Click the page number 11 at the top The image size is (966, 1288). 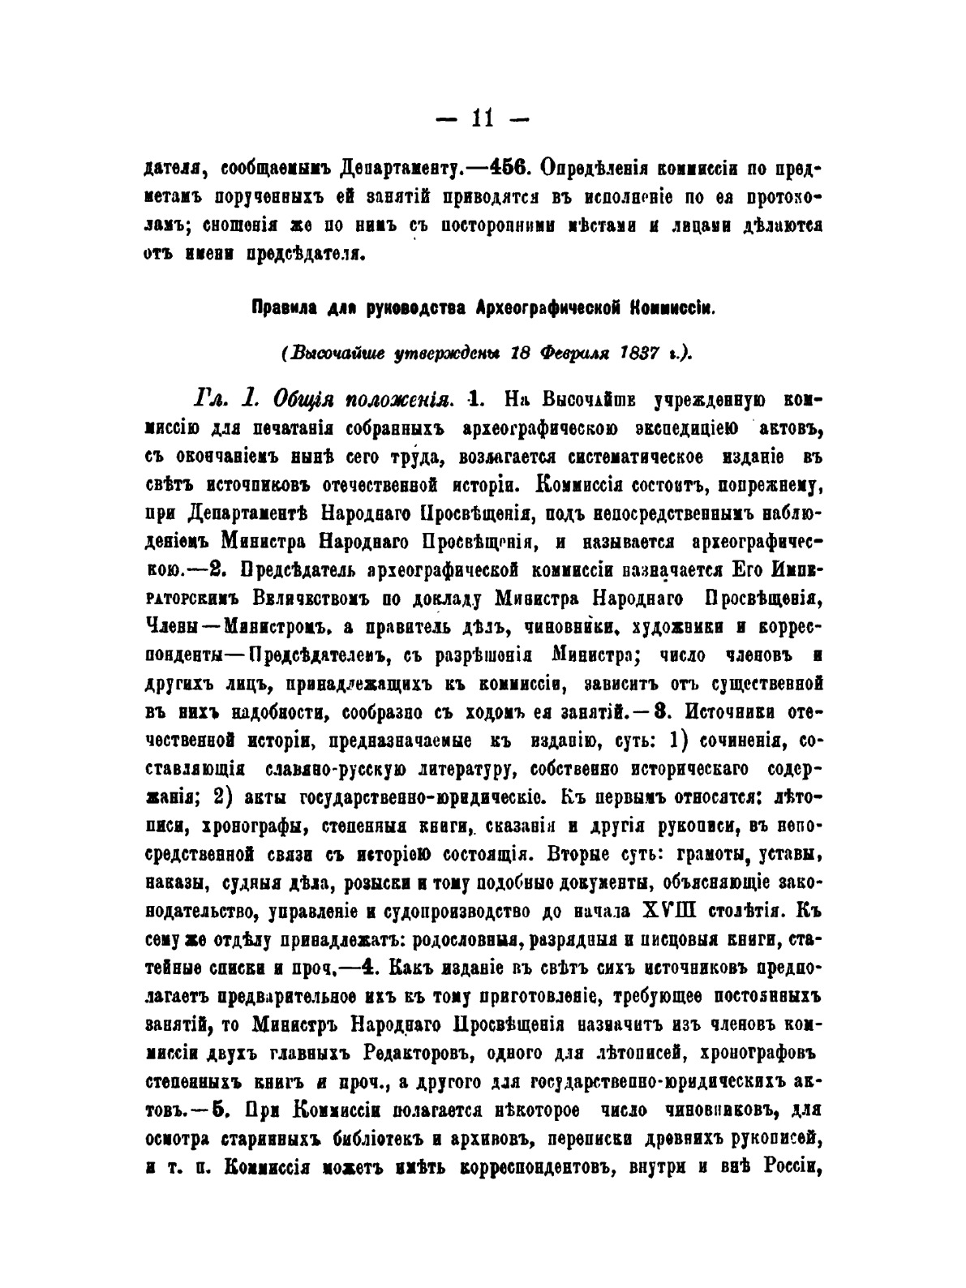coord(483,120)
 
